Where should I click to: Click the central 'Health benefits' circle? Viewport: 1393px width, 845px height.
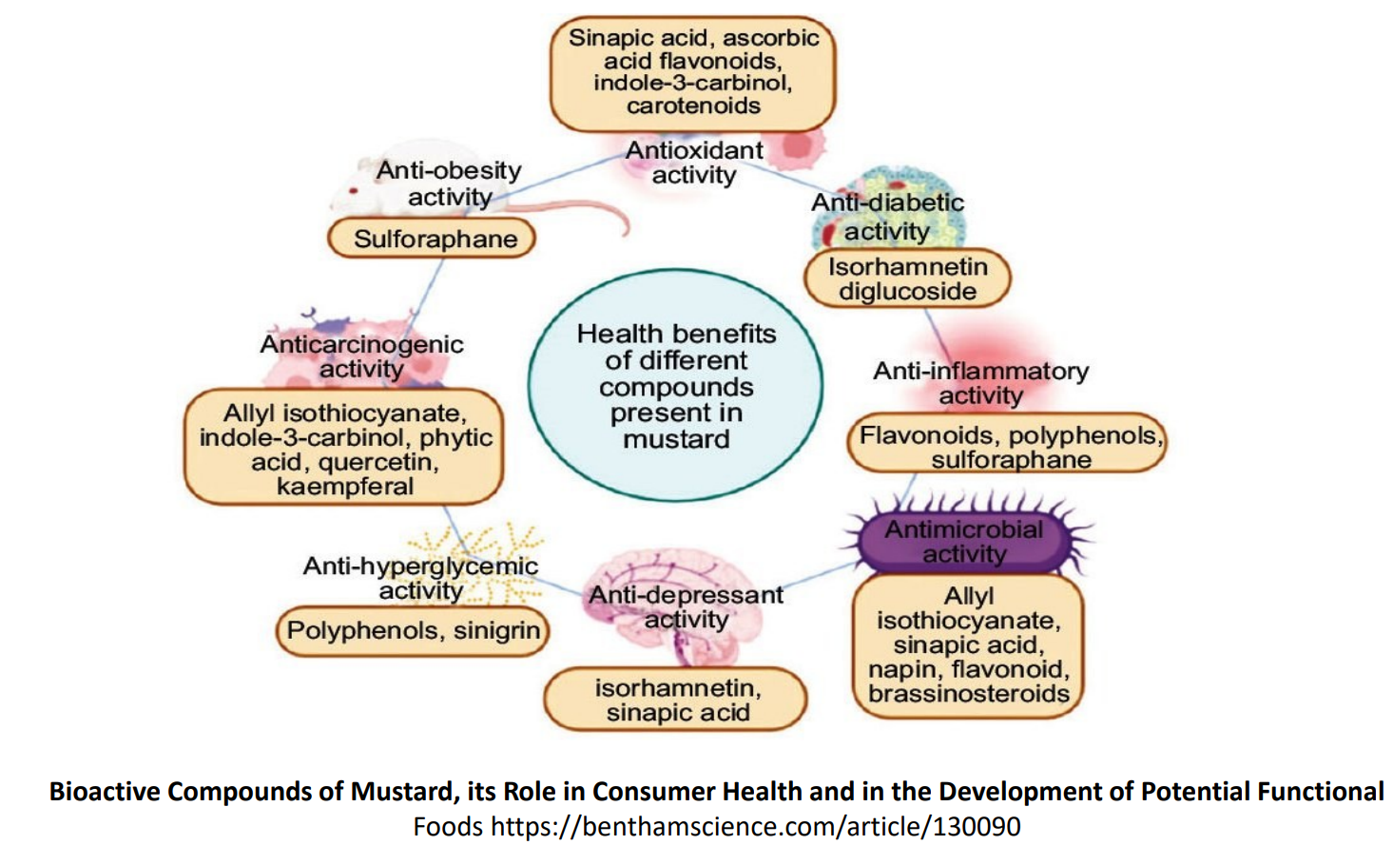click(x=676, y=385)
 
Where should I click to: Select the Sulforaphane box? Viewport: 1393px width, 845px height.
click(x=433, y=239)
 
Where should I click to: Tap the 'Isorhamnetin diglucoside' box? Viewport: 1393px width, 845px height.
click(x=907, y=278)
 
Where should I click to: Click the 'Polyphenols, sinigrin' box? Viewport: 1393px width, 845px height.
click(x=413, y=631)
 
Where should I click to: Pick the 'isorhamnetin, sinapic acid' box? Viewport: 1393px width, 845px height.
click(x=676, y=701)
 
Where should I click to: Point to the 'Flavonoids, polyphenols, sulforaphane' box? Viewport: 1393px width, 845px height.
click(x=1008, y=447)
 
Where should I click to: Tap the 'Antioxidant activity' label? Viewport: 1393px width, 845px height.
click(x=694, y=163)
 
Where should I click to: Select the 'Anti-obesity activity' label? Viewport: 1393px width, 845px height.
click(x=449, y=183)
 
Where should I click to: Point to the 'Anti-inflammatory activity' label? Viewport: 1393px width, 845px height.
click(x=980, y=383)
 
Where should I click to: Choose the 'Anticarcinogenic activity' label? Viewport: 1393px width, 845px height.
click(x=361, y=356)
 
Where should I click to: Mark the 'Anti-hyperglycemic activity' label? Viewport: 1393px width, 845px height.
click(x=420, y=578)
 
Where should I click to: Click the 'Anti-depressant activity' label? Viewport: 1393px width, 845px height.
click(x=686, y=607)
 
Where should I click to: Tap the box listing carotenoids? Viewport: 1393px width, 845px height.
click(x=693, y=72)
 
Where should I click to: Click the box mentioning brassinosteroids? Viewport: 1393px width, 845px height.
click(x=968, y=645)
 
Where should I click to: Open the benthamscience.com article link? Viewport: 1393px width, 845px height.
click(x=755, y=827)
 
